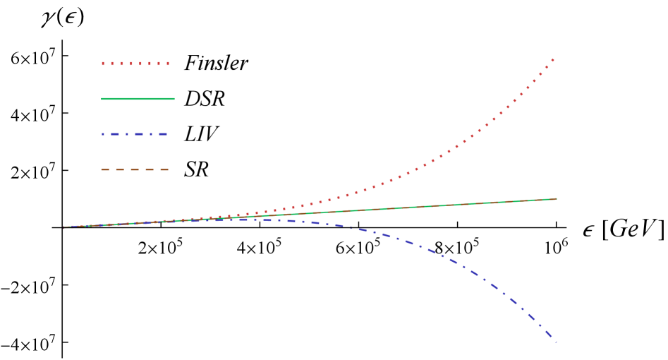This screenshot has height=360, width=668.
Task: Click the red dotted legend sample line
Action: click(x=135, y=64)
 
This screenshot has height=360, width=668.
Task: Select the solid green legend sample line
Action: click(x=138, y=99)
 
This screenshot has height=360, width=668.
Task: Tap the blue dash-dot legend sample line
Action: click(x=135, y=134)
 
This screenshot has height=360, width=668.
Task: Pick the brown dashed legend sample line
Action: click(x=135, y=169)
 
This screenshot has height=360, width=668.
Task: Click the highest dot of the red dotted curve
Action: click(x=552, y=60)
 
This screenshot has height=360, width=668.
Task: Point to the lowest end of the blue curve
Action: click(x=556, y=342)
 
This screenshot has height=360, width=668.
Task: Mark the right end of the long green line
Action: click(x=556, y=199)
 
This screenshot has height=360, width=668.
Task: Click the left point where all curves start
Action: click(x=64, y=227)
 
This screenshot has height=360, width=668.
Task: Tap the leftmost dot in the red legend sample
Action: click(x=103, y=64)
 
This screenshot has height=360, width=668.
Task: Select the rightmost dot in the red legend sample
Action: click(x=168, y=64)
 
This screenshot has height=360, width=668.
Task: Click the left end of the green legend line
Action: click(x=102, y=99)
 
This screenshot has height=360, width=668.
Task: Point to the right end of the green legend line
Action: click(x=174, y=99)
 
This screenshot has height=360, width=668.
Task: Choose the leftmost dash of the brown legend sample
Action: click(x=105, y=169)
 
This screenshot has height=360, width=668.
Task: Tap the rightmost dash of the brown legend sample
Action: click(x=164, y=169)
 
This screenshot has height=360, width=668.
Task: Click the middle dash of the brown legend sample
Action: click(x=135, y=169)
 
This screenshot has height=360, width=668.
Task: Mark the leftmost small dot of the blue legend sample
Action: click(x=103, y=134)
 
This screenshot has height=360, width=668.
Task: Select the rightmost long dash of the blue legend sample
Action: click(x=163, y=134)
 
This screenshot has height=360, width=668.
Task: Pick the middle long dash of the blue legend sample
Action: click(x=140, y=134)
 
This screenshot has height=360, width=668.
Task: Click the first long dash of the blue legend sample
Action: click(x=116, y=134)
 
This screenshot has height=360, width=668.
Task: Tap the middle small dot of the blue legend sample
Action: click(x=128, y=134)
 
